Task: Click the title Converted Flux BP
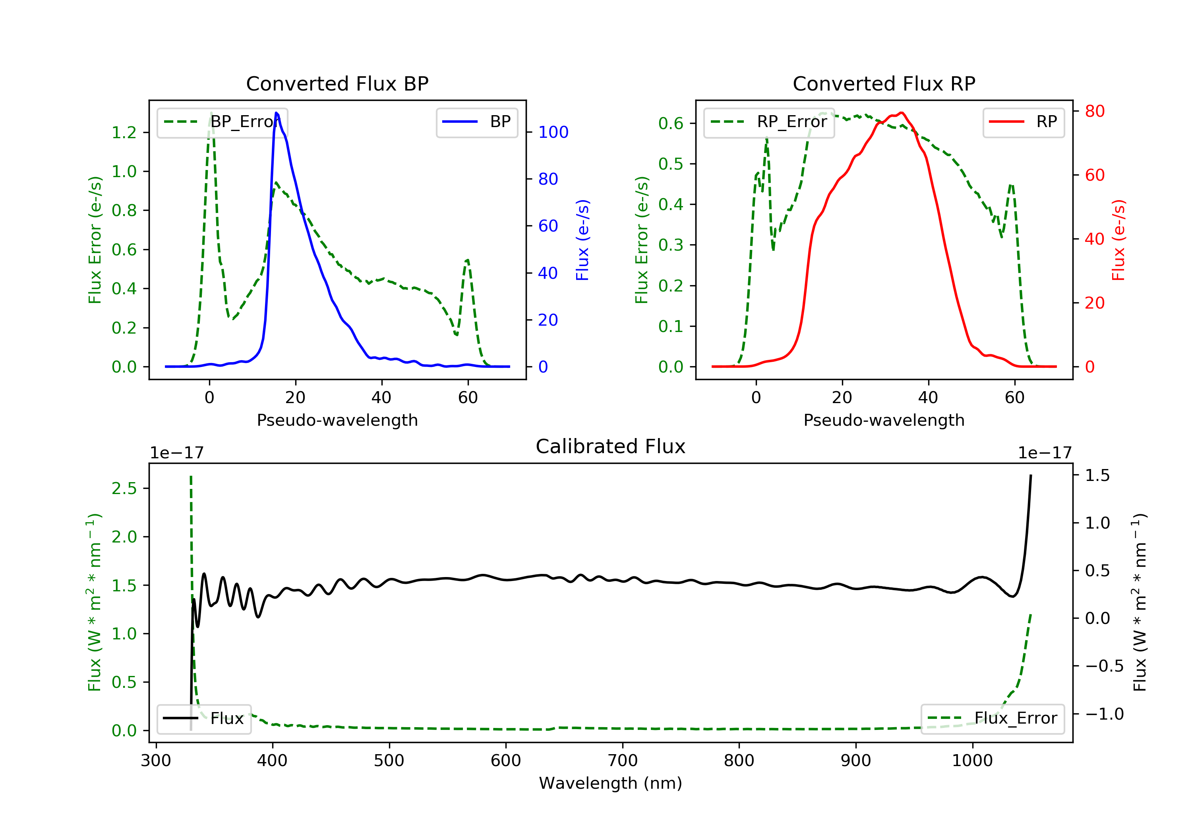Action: click(337, 83)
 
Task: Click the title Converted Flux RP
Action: click(884, 83)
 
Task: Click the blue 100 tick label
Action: click(553, 132)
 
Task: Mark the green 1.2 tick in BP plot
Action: click(124, 133)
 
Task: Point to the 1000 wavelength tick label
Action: click(972, 761)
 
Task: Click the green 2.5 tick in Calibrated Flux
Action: click(124, 488)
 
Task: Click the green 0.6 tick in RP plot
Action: click(671, 124)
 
